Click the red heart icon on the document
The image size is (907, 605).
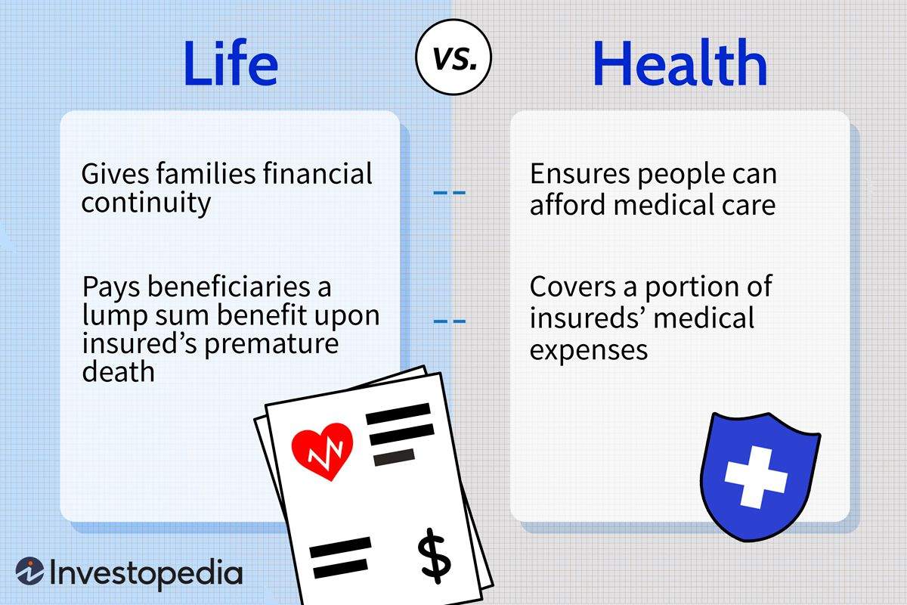pos(322,451)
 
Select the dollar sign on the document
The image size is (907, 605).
pos(434,556)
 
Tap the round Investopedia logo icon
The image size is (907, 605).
pos(29,572)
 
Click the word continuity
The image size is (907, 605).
pos(146,203)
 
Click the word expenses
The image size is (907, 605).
pos(588,349)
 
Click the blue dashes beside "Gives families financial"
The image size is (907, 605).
pos(449,193)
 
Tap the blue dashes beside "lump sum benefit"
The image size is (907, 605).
pos(449,322)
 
